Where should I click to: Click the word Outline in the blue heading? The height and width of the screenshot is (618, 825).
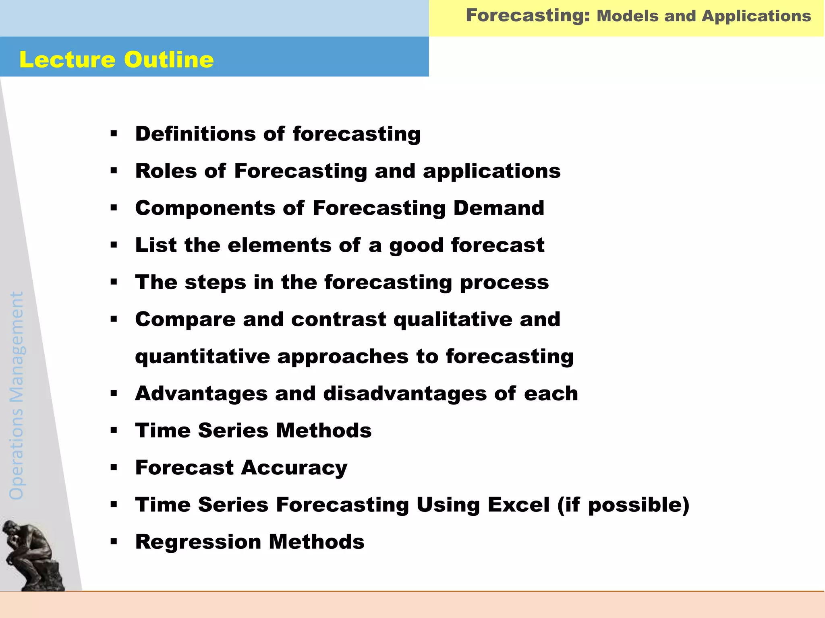pos(169,60)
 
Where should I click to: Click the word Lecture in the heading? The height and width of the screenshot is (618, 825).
pos(67,60)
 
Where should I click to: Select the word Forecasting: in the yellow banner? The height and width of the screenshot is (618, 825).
pos(528,15)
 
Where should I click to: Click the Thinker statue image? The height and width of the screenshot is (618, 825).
pos(32,555)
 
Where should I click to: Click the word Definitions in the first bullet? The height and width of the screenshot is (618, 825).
pos(195,134)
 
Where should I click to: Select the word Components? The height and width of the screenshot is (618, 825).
pos(205,208)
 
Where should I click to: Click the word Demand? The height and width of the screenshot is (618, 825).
pos(499,208)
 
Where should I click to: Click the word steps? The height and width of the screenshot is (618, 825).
pos(215,282)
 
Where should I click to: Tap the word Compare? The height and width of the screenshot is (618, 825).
pos(185,319)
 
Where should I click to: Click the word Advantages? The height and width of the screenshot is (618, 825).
pos(201,393)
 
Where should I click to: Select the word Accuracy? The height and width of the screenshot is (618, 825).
pos(294,468)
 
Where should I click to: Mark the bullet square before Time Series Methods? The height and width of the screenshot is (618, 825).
pos(114,431)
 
